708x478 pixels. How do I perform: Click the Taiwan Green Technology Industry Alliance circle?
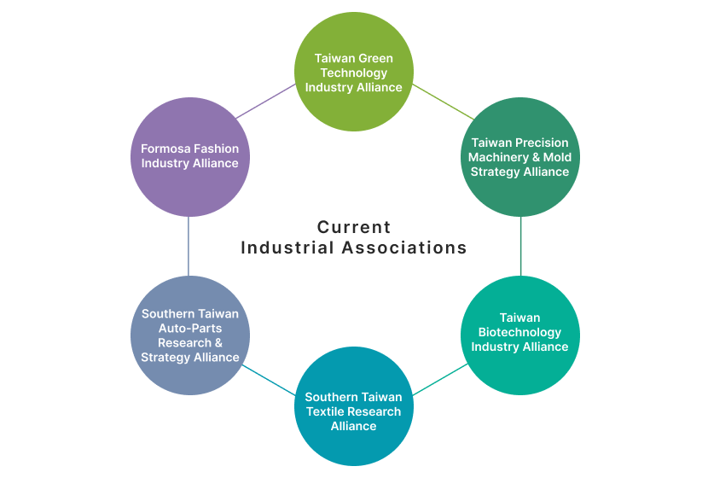click(353, 72)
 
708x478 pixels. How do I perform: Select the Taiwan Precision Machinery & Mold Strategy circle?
click(519, 157)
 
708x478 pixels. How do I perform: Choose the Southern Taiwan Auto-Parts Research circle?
click(190, 335)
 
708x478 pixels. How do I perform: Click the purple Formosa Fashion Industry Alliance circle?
click(190, 157)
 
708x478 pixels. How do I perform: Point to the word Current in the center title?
click(354, 227)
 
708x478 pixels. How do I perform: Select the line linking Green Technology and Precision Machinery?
click(442, 102)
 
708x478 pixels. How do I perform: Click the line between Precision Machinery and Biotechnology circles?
click(520, 246)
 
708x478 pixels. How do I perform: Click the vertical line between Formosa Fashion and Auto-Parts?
click(188, 246)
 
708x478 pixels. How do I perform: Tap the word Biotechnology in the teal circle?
click(519, 332)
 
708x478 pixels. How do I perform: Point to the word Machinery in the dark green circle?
click(500, 157)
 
